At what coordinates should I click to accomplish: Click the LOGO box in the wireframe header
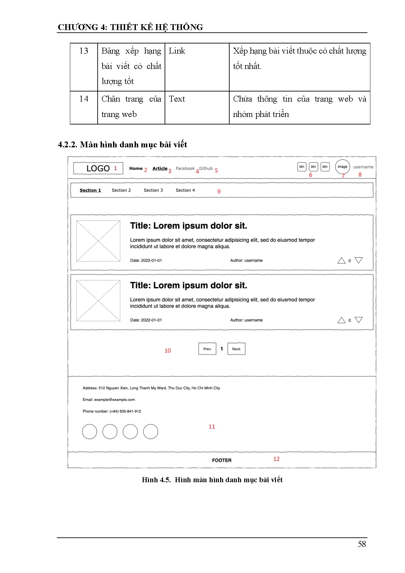click(98, 168)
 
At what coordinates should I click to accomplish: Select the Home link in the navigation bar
click(136, 169)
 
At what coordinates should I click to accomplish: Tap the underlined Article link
click(160, 169)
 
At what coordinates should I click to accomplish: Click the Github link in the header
click(206, 169)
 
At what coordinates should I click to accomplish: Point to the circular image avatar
click(342, 167)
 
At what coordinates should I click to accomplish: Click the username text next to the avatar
click(363, 167)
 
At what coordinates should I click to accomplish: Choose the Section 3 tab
click(153, 190)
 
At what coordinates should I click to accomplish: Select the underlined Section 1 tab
click(90, 190)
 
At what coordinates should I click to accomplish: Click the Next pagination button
click(236, 349)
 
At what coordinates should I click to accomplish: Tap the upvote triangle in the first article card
click(341, 260)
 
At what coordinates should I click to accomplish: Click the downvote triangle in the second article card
click(359, 320)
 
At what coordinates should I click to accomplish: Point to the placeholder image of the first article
click(98, 241)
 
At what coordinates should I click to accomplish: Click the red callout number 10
click(168, 351)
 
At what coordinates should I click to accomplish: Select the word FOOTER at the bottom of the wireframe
click(222, 460)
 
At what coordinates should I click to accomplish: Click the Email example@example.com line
click(109, 400)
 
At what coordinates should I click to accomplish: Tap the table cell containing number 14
click(84, 99)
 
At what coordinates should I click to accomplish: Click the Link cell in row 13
click(177, 51)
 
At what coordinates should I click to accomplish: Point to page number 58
click(362, 544)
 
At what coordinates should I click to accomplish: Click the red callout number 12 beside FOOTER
click(276, 459)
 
